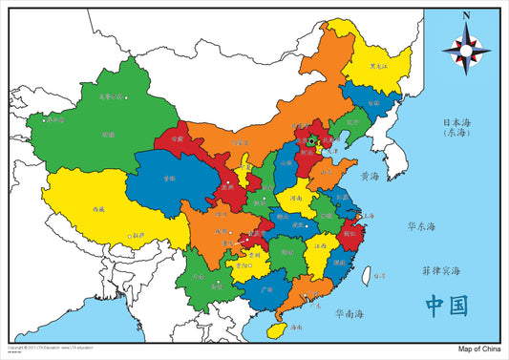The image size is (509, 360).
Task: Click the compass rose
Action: (466, 47)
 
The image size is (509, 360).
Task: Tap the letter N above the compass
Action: (466, 15)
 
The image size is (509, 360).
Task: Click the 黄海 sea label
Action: (371, 177)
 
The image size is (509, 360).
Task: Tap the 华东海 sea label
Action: (420, 227)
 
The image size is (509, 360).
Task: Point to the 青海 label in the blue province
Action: (168, 179)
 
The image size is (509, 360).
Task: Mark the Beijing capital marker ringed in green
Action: (310, 141)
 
